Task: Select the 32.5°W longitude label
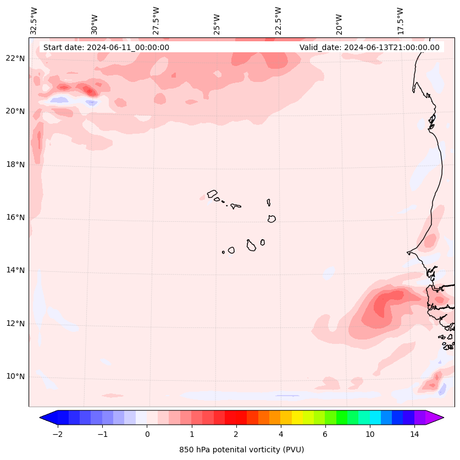(34, 21)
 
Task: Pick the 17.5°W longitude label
(400, 21)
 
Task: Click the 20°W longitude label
(339, 24)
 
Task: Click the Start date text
(106, 47)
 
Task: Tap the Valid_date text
(369, 47)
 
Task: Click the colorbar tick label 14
(414, 434)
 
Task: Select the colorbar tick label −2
(57, 434)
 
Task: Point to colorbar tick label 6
(325, 434)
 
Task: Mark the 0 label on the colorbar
(147, 434)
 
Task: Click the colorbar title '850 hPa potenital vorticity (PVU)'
(241, 450)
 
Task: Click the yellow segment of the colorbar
(297, 417)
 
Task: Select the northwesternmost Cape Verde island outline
(212, 194)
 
